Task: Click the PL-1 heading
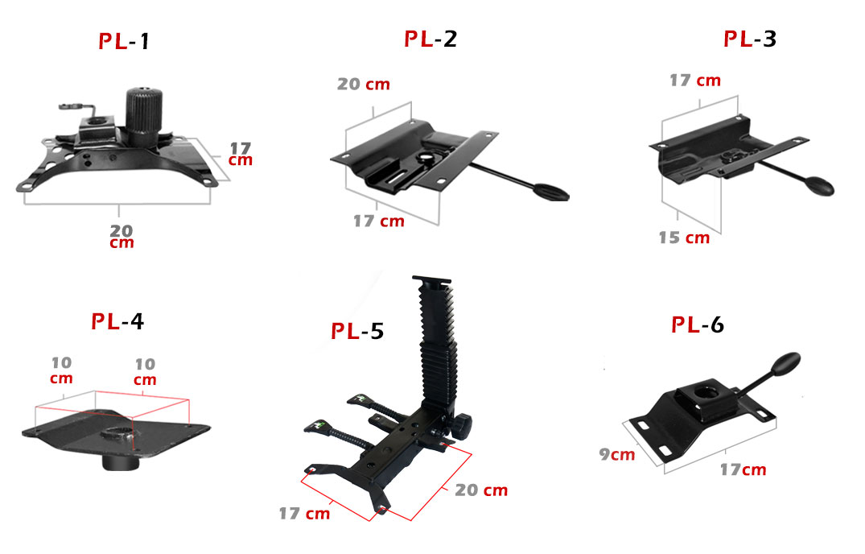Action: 124,41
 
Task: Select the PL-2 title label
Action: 430,39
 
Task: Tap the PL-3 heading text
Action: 750,39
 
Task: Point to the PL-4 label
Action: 117,321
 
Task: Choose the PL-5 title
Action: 357,331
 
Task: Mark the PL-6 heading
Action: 698,325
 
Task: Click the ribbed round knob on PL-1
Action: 144,117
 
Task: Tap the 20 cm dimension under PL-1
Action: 122,237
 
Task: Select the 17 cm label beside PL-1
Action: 241,154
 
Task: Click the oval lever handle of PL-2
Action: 550,192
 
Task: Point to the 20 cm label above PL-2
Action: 364,85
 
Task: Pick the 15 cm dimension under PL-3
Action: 684,238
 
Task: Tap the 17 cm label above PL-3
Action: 695,81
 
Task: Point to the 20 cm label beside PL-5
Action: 481,490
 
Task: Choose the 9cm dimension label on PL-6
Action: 617,454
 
